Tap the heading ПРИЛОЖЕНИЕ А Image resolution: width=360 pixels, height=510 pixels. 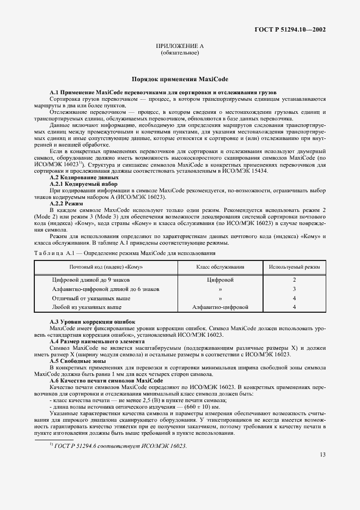click(179, 47)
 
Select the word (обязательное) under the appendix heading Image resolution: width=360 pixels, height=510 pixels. click(179, 53)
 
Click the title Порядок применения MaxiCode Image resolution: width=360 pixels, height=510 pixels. click(179, 79)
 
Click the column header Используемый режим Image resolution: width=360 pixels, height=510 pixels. click(294, 267)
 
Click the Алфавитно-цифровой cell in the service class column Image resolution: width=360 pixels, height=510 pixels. click(220, 307)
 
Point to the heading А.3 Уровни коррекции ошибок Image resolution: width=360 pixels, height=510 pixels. click(92, 323)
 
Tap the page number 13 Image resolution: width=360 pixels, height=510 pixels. click(322, 469)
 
